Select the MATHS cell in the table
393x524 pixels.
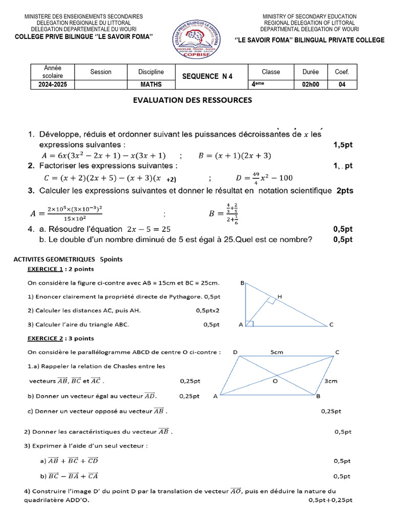tap(151, 84)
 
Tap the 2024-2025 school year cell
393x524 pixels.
tap(53, 84)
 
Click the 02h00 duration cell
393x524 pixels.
tap(311, 84)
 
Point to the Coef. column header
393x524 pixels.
tap(342, 72)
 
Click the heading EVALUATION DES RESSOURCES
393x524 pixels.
tap(192, 100)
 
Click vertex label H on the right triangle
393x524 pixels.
tap(279, 296)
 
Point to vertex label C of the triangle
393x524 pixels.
tap(332, 324)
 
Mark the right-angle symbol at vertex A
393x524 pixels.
tap(249, 323)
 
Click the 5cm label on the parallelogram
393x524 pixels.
tap(277, 352)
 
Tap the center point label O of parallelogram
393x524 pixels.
tap(275, 381)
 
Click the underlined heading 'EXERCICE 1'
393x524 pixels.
tap(45, 269)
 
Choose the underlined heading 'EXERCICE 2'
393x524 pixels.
tap(45, 338)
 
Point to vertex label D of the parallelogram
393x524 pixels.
tap(235, 352)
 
